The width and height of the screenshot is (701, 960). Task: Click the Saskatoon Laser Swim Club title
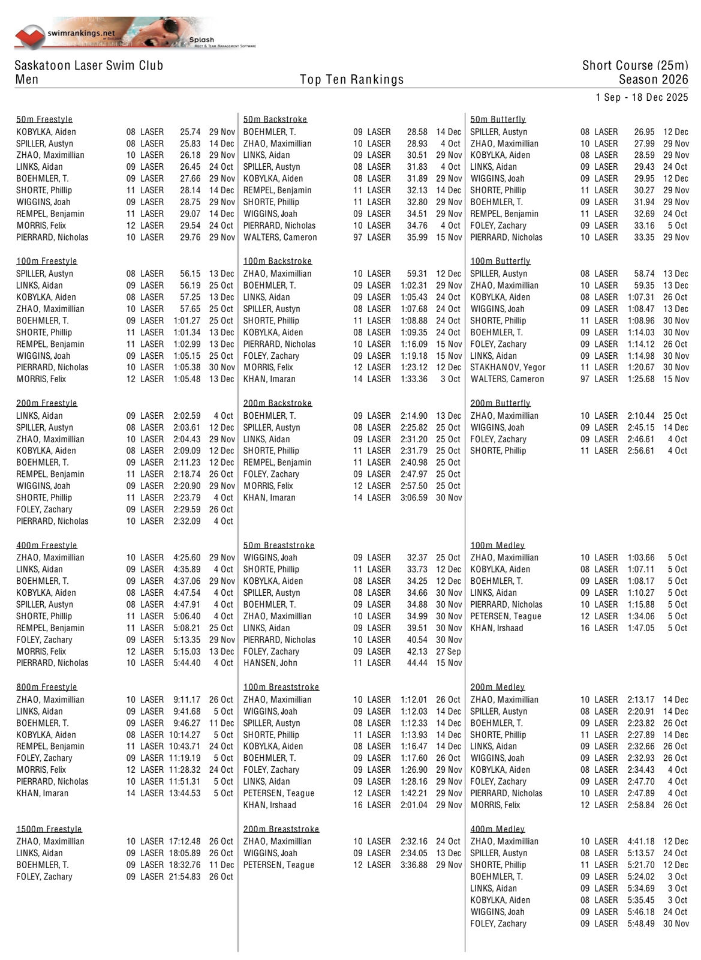(x=89, y=65)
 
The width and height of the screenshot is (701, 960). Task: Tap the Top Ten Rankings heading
(x=351, y=79)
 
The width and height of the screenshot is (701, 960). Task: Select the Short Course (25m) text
(x=634, y=65)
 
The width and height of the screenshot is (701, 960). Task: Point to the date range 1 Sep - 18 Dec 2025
(x=642, y=97)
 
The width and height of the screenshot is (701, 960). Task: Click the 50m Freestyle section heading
(x=44, y=119)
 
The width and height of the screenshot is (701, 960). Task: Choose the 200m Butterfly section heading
(x=500, y=403)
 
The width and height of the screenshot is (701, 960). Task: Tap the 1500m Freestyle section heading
(x=49, y=829)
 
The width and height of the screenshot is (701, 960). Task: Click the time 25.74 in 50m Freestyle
(x=190, y=132)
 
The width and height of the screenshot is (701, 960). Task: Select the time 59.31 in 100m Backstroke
(x=417, y=274)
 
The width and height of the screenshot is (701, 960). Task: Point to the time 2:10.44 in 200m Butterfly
(x=641, y=416)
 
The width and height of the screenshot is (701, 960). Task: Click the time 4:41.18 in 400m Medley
(x=641, y=841)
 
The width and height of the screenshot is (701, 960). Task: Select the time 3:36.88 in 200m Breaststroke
(x=414, y=865)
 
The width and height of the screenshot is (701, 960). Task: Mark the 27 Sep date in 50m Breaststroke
(x=449, y=652)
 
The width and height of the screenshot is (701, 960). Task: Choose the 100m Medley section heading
(x=497, y=545)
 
